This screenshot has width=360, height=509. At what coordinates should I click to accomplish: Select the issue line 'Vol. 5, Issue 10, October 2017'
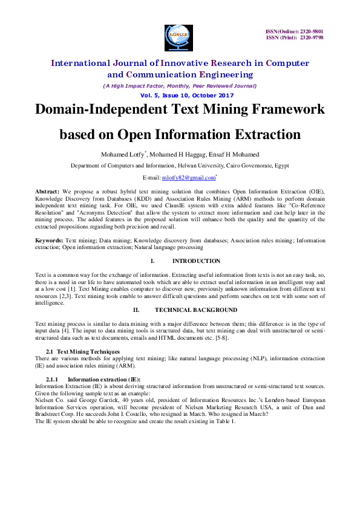(179, 96)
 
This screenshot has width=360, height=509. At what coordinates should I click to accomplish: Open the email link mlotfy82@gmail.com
(188, 178)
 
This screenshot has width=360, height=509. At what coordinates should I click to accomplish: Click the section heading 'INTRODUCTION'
(197, 261)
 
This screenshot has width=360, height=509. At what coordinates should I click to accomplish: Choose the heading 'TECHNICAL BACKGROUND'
(196, 310)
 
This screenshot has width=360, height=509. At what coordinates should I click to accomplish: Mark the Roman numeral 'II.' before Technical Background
(137, 310)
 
